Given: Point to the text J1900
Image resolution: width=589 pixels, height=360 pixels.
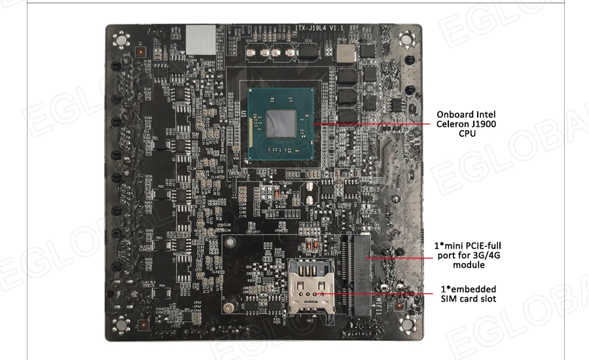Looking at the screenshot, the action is tap(484, 124).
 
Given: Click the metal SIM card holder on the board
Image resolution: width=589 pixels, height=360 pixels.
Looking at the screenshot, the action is tap(309, 289).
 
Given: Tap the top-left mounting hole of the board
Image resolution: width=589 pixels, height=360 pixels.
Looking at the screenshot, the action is tap(120, 40).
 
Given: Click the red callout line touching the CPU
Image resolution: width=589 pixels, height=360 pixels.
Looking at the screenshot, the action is tap(366, 123).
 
